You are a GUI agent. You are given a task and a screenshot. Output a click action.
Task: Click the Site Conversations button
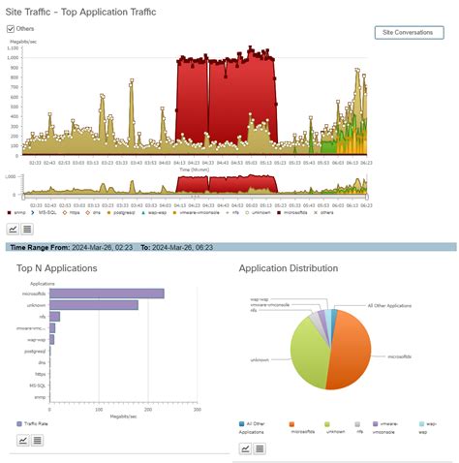408,32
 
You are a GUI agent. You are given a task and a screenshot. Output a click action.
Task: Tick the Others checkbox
11,29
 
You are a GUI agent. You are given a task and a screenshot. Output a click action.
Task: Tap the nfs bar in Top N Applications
54,317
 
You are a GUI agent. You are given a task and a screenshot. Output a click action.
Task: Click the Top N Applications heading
57,267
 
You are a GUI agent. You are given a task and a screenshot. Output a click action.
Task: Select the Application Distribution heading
288,267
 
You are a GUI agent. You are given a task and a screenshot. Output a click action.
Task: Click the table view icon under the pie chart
261,448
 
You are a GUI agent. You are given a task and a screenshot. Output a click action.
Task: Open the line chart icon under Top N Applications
23,440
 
